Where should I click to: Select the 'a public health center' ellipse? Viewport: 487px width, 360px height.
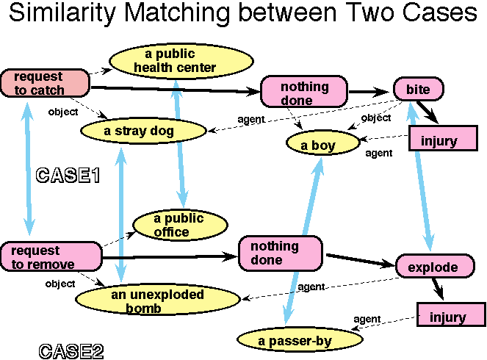point(175,61)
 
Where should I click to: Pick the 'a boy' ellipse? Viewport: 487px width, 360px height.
point(318,145)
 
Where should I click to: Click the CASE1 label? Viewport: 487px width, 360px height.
point(68,176)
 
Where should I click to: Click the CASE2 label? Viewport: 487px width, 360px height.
point(71,350)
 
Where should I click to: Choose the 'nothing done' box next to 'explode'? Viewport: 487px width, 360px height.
point(281,253)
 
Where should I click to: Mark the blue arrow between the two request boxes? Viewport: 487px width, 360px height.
point(28,169)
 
